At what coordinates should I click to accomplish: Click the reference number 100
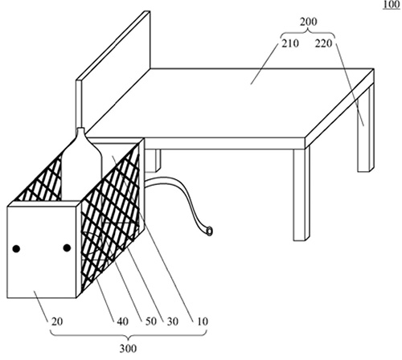point(392,5)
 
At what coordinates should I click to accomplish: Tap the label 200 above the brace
point(308,22)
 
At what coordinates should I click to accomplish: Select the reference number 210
point(290,43)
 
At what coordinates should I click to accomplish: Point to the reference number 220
point(323,43)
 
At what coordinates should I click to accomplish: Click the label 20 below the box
point(57,321)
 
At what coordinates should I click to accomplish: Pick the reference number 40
point(122,321)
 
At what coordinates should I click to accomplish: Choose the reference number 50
point(151,321)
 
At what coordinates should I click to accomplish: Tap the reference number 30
point(173,321)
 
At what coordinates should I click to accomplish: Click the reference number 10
point(203,321)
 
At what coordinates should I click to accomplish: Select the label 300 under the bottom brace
point(128,349)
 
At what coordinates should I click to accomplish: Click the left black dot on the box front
point(16,249)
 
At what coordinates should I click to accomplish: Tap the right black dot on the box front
point(67,248)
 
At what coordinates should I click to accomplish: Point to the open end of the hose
point(209,231)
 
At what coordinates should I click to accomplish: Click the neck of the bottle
point(80,131)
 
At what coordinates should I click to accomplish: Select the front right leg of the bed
point(301,194)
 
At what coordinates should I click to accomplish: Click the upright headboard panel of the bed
point(113,70)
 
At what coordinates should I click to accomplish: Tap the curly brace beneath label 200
point(308,34)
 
